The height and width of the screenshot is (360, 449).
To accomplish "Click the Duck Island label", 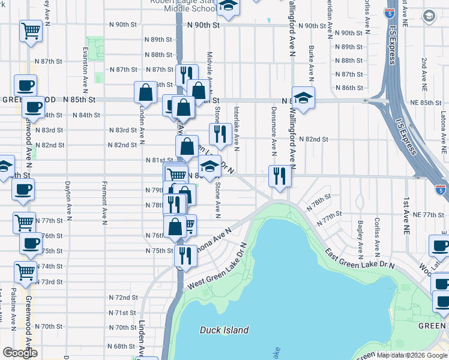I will tap(224, 330).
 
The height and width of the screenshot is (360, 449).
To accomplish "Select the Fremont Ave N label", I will tap(104, 199).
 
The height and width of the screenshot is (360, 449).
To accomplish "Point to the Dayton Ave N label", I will tap(67, 199).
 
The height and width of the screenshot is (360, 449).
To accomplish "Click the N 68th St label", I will tap(122, 346).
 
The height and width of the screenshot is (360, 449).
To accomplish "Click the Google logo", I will tap(20, 353).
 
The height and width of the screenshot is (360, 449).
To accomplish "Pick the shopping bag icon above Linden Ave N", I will tap(145, 92).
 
